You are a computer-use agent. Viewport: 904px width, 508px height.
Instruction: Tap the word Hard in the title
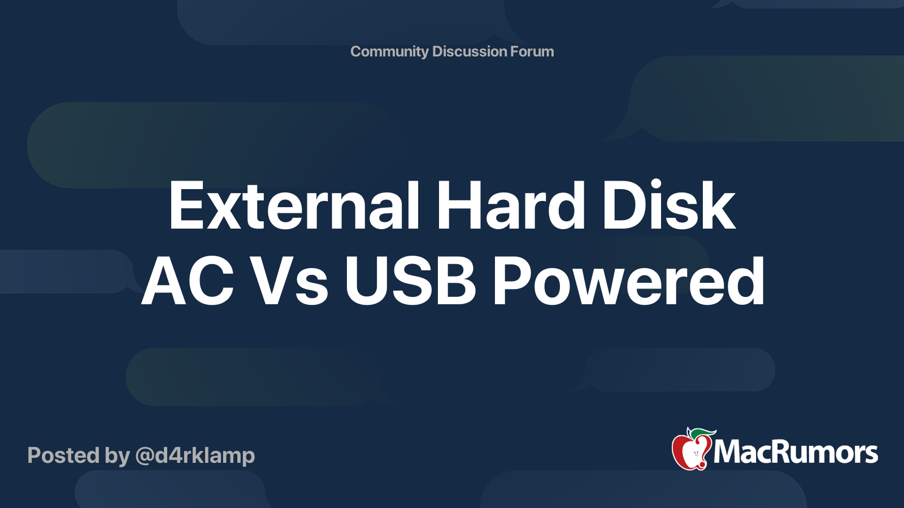point(510,206)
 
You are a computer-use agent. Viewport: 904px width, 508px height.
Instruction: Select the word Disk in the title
point(668,206)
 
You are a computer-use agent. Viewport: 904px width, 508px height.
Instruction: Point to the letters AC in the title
point(188,281)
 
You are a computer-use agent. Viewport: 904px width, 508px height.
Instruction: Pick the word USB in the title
point(411,281)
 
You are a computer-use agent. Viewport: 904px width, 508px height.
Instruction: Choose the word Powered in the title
point(629,281)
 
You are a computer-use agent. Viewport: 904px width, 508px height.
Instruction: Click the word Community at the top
point(389,51)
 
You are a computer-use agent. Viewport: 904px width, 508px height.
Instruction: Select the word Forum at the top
point(532,51)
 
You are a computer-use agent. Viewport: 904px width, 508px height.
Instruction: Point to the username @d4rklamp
point(195,456)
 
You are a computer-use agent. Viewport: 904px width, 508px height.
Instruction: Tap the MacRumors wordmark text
point(796,452)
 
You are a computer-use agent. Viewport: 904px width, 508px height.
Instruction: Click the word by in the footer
point(117,456)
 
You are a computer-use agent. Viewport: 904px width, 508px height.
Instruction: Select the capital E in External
point(186,206)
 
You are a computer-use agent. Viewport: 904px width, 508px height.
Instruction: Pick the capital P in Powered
point(512,281)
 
